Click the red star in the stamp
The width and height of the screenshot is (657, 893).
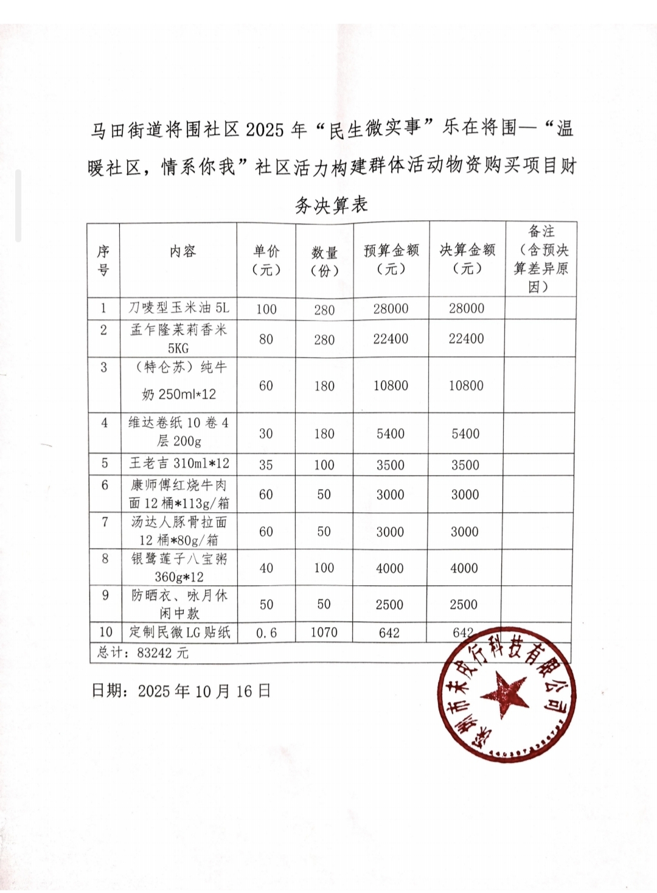(504, 694)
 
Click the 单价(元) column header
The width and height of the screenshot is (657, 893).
(266, 260)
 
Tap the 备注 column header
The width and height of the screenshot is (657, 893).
(541, 259)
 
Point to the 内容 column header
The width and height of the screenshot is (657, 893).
(182, 251)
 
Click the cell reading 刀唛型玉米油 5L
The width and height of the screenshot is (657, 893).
(179, 308)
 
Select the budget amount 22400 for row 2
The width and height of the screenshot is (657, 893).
(391, 339)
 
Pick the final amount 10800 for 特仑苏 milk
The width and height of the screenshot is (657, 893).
(466, 386)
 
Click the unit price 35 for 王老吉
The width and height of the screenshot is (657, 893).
(266, 465)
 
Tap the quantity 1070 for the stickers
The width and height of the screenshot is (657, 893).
(324, 632)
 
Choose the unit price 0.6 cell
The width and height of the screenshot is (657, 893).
(266, 633)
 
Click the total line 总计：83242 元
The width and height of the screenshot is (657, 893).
(143, 653)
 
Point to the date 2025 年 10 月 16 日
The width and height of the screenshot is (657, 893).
(181, 691)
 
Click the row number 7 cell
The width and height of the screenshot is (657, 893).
(105, 523)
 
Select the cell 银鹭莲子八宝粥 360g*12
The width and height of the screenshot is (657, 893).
(179, 568)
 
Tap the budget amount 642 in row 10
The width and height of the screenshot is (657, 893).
(389, 633)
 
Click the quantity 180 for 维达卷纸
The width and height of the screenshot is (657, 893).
(324, 434)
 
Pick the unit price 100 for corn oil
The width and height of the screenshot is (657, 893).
(266, 309)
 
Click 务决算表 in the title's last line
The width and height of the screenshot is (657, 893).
(332, 205)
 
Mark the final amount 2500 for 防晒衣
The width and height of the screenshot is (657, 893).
(464, 605)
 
